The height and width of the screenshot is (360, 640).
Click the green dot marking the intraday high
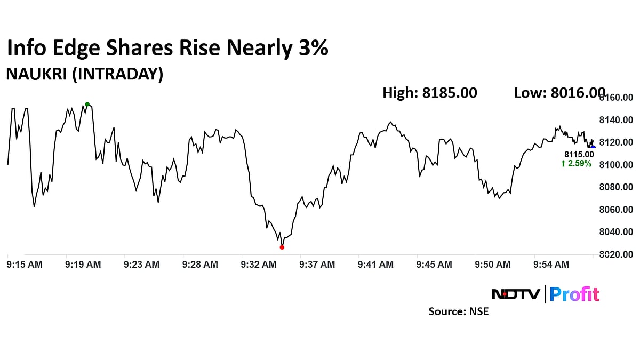click(87, 105)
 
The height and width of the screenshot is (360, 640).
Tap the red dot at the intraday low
click(282, 247)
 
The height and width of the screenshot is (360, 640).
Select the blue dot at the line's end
click(593, 147)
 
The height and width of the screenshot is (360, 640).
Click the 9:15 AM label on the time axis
click(25, 264)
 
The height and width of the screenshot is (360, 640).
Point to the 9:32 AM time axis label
click(259, 264)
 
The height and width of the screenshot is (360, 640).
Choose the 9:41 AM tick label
click(375, 264)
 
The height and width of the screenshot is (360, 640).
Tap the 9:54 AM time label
click(551, 264)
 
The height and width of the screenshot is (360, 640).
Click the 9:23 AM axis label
click(141, 264)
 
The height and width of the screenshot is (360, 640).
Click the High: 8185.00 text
click(429, 93)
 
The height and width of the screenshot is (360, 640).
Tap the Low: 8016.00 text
click(559, 93)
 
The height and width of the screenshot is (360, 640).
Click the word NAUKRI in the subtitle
click(36, 74)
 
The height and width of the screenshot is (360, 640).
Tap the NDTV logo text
click(515, 294)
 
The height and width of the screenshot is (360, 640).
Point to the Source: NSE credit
click(458, 311)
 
